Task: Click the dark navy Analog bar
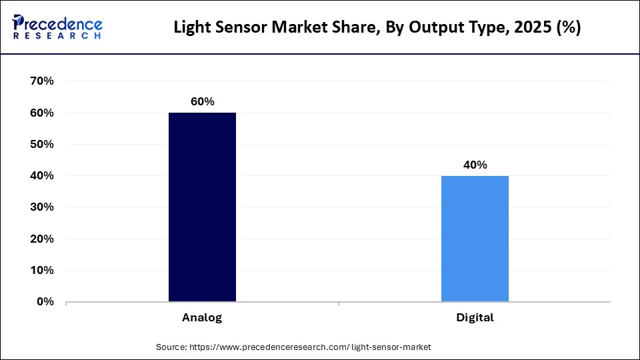pyautogui.click(x=202, y=207)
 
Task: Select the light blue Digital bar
pyautogui.click(x=475, y=239)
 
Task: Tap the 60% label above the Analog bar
pyautogui.click(x=202, y=101)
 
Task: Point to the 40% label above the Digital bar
pyautogui.click(x=475, y=165)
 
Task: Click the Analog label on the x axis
pyautogui.click(x=202, y=318)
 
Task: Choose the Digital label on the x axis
pyautogui.click(x=475, y=318)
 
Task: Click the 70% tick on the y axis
pyautogui.click(x=41, y=81)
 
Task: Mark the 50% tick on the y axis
pyautogui.click(x=41, y=145)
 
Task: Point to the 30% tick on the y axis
pyautogui.click(x=41, y=207)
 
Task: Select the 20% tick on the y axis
pyautogui.click(x=41, y=239)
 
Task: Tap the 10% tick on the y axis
pyautogui.click(x=41, y=271)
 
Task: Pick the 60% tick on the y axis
pyautogui.click(x=41, y=113)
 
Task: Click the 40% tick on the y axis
pyautogui.click(x=41, y=176)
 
